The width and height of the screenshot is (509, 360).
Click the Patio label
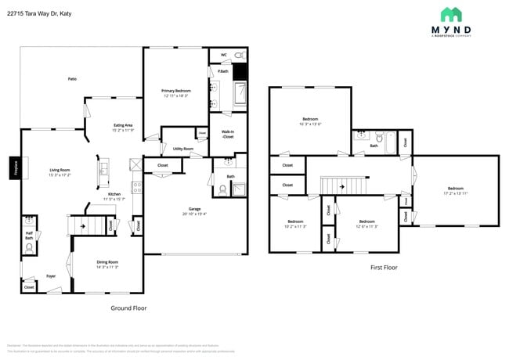72,79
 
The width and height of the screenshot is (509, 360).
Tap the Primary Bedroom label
176,91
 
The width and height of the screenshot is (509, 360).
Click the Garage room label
194,210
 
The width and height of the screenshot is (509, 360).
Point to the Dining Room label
107,262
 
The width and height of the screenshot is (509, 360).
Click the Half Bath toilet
30,247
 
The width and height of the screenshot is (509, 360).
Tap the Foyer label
50,275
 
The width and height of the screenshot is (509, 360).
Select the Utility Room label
183,148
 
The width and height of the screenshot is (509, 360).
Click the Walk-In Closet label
227,134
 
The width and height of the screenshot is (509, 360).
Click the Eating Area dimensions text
123,130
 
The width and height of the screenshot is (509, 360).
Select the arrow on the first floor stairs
342,187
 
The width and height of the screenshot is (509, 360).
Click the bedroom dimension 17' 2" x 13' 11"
455,193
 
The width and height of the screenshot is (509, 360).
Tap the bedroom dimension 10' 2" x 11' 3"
295,226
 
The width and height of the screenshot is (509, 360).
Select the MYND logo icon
451,15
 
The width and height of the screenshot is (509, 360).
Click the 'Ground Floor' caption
128,308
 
